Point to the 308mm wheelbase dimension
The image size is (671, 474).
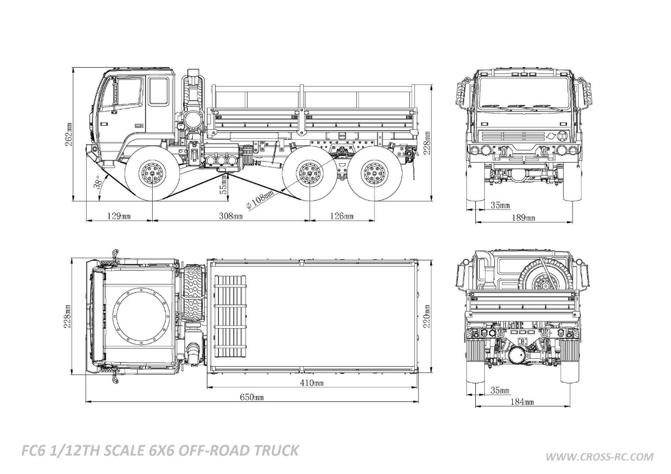click(x=230, y=216)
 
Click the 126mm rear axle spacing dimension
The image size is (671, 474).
click(x=341, y=216)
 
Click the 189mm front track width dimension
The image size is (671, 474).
click(x=524, y=217)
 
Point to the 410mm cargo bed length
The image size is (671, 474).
click(x=312, y=383)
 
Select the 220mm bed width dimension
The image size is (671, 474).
click(x=428, y=317)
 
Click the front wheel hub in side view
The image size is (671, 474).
click(x=152, y=174)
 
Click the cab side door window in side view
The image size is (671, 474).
click(x=158, y=91)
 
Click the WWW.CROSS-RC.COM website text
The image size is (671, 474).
click(x=599, y=457)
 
